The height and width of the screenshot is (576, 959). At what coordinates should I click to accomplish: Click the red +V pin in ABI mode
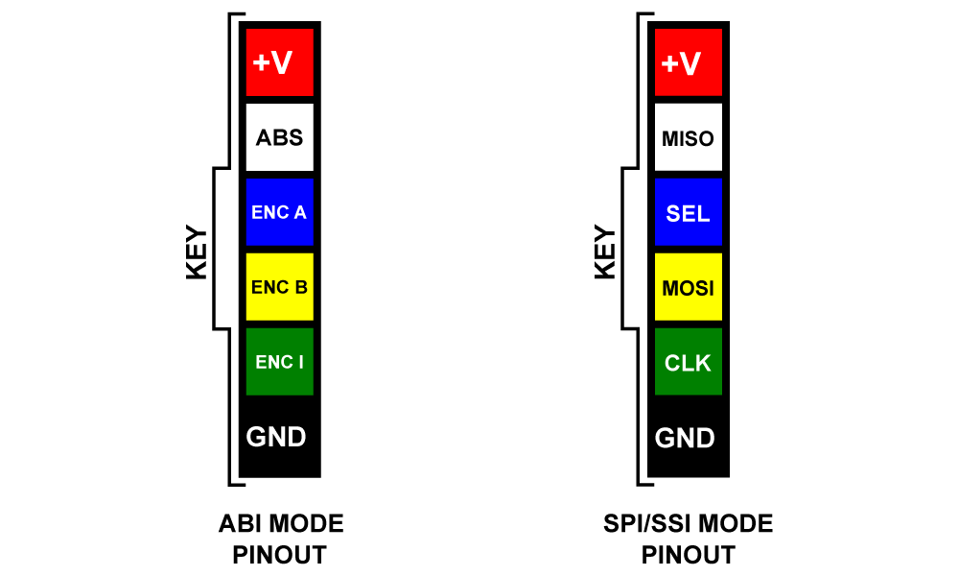(279, 62)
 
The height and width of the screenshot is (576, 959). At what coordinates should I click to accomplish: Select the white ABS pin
(279, 137)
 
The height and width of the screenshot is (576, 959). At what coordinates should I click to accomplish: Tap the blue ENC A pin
(279, 212)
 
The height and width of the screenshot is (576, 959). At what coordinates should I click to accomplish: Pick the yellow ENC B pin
(279, 286)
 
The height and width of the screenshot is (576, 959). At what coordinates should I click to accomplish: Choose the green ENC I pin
(279, 362)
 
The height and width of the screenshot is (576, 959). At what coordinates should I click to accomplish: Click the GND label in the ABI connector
(276, 438)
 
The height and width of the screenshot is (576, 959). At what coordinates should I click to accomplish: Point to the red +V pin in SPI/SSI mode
(688, 62)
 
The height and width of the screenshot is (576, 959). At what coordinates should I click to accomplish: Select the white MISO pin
(688, 137)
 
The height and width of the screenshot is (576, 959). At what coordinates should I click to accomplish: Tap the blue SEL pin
(688, 212)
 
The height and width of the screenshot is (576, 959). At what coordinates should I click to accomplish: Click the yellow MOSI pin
(688, 286)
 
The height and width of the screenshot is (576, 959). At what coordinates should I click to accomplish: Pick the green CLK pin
(688, 362)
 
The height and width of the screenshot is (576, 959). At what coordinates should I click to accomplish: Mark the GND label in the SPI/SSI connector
(685, 439)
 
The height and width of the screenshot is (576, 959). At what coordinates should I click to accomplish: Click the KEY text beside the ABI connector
(197, 252)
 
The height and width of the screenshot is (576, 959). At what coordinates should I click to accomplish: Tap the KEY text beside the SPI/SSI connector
(605, 252)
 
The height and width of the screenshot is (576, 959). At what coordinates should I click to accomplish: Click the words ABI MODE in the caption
(281, 524)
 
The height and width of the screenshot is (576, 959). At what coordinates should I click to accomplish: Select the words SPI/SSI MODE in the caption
(688, 524)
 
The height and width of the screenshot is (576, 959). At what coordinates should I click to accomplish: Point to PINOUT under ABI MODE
(280, 555)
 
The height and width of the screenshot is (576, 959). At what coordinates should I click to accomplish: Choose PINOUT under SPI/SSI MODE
(689, 555)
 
